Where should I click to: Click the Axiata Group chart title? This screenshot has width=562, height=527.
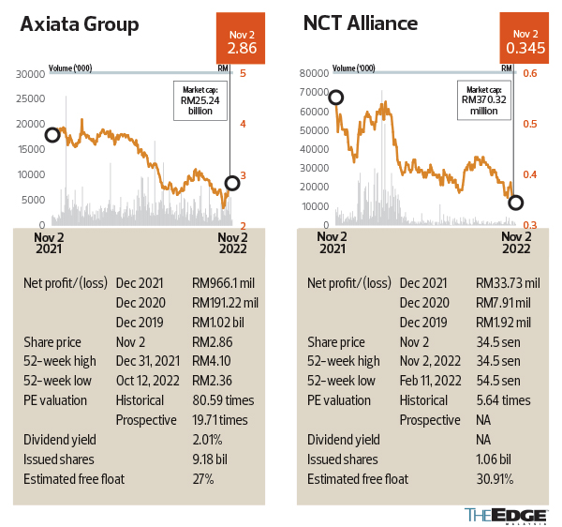pos(80,25)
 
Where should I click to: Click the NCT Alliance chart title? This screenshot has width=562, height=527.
pos(360,25)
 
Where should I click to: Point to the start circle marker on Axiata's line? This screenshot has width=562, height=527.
pos(52,135)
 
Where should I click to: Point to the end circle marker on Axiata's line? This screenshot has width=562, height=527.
pos(232,183)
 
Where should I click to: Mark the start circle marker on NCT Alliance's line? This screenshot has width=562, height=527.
pos(335,98)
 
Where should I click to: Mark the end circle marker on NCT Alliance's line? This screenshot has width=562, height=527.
pos(515,203)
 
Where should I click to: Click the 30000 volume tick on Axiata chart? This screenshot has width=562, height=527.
pos(32,74)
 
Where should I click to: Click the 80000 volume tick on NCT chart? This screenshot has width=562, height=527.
pos(314,74)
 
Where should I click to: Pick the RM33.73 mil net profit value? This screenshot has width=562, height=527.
pos(507,282)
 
